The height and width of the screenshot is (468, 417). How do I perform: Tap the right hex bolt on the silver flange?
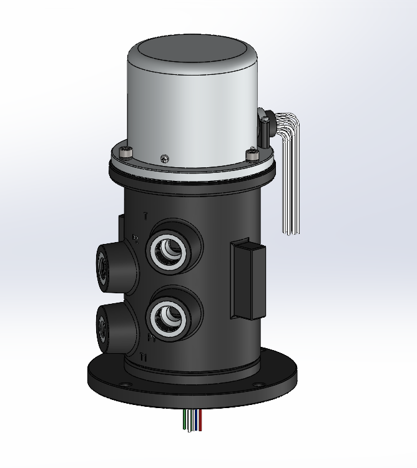click(252, 152)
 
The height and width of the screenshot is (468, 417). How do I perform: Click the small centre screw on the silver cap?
click(164, 158)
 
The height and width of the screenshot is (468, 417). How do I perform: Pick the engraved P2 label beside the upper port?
click(136, 238)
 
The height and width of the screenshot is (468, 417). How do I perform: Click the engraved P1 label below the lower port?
click(151, 339)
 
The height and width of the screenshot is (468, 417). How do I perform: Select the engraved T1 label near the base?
click(144, 358)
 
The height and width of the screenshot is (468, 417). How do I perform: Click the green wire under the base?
click(187, 421)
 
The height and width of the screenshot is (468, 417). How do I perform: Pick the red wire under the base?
click(195, 421)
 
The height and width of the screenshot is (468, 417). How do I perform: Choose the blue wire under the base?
click(199, 421)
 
